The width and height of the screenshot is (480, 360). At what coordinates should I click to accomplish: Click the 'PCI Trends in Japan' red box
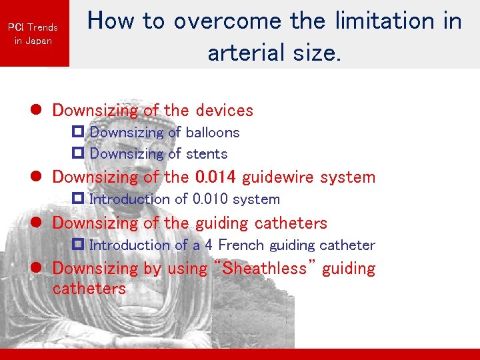click(x=33, y=33)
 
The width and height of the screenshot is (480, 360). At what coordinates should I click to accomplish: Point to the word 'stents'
click(x=206, y=154)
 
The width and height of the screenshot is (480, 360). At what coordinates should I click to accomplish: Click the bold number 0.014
click(x=217, y=177)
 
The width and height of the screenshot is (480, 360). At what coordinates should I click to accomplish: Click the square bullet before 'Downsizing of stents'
click(x=77, y=154)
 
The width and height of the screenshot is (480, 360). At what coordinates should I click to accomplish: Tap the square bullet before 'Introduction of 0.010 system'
click(x=77, y=199)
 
